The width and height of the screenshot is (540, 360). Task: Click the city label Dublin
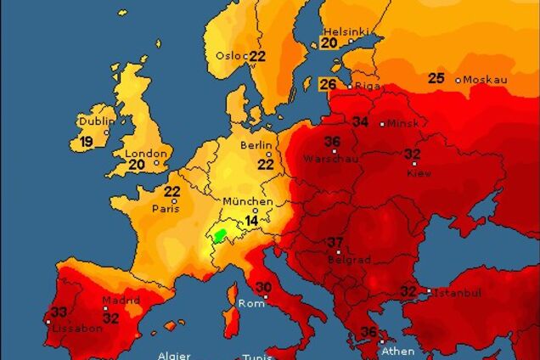click(95, 121)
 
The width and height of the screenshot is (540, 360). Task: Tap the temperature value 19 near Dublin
click(87, 142)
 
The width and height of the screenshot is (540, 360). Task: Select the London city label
click(141, 153)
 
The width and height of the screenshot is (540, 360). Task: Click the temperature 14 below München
click(251, 220)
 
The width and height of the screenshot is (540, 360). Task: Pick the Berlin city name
click(256, 145)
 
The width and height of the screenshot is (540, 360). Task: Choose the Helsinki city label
click(344, 31)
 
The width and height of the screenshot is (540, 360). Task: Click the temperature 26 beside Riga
click(328, 84)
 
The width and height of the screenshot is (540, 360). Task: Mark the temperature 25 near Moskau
click(436, 78)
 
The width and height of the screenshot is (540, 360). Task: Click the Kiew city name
click(419, 173)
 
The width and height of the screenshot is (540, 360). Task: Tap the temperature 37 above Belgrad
click(335, 241)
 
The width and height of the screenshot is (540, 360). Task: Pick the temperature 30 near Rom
click(264, 287)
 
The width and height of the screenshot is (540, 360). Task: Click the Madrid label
click(121, 301)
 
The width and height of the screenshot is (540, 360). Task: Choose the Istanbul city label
click(458, 292)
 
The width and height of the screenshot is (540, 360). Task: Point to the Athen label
click(397, 351)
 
